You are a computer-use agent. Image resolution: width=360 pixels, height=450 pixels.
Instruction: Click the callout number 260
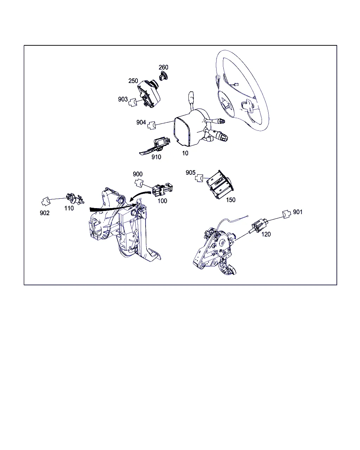click(x=163, y=67)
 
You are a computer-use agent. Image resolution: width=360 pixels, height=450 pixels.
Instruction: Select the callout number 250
click(x=133, y=81)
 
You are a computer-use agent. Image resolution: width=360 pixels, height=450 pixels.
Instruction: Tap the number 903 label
click(x=123, y=99)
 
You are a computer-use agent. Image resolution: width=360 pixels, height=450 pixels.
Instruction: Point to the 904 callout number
click(x=141, y=122)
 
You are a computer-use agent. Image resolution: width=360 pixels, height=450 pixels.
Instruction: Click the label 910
click(x=156, y=157)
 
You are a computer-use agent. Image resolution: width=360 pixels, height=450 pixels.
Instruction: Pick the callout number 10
click(x=185, y=153)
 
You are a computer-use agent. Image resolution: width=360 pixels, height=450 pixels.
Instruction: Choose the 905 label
click(x=190, y=173)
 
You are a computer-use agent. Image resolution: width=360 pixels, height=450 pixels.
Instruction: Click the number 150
click(x=231, y=200)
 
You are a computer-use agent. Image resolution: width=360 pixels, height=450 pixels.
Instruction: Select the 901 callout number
click(x=298, y=212)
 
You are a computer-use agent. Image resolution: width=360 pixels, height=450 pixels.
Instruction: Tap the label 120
click(x=266, y=234)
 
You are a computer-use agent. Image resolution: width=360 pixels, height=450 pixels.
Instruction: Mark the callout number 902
click(x=45, y=213)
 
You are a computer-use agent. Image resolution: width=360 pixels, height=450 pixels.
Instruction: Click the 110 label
click(x=69, y=208)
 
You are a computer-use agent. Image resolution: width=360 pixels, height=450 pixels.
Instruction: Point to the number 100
click(x=162, y=201)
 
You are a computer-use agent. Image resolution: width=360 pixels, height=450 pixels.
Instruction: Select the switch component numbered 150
click(x=220, y=185)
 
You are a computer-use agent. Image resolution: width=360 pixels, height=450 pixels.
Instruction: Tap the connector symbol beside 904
click(x=152, y=126)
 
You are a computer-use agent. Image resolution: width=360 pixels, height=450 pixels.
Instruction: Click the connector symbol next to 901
click(x=287, y=214)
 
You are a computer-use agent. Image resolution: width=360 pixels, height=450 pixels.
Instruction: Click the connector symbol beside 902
click(x=46, y=201)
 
